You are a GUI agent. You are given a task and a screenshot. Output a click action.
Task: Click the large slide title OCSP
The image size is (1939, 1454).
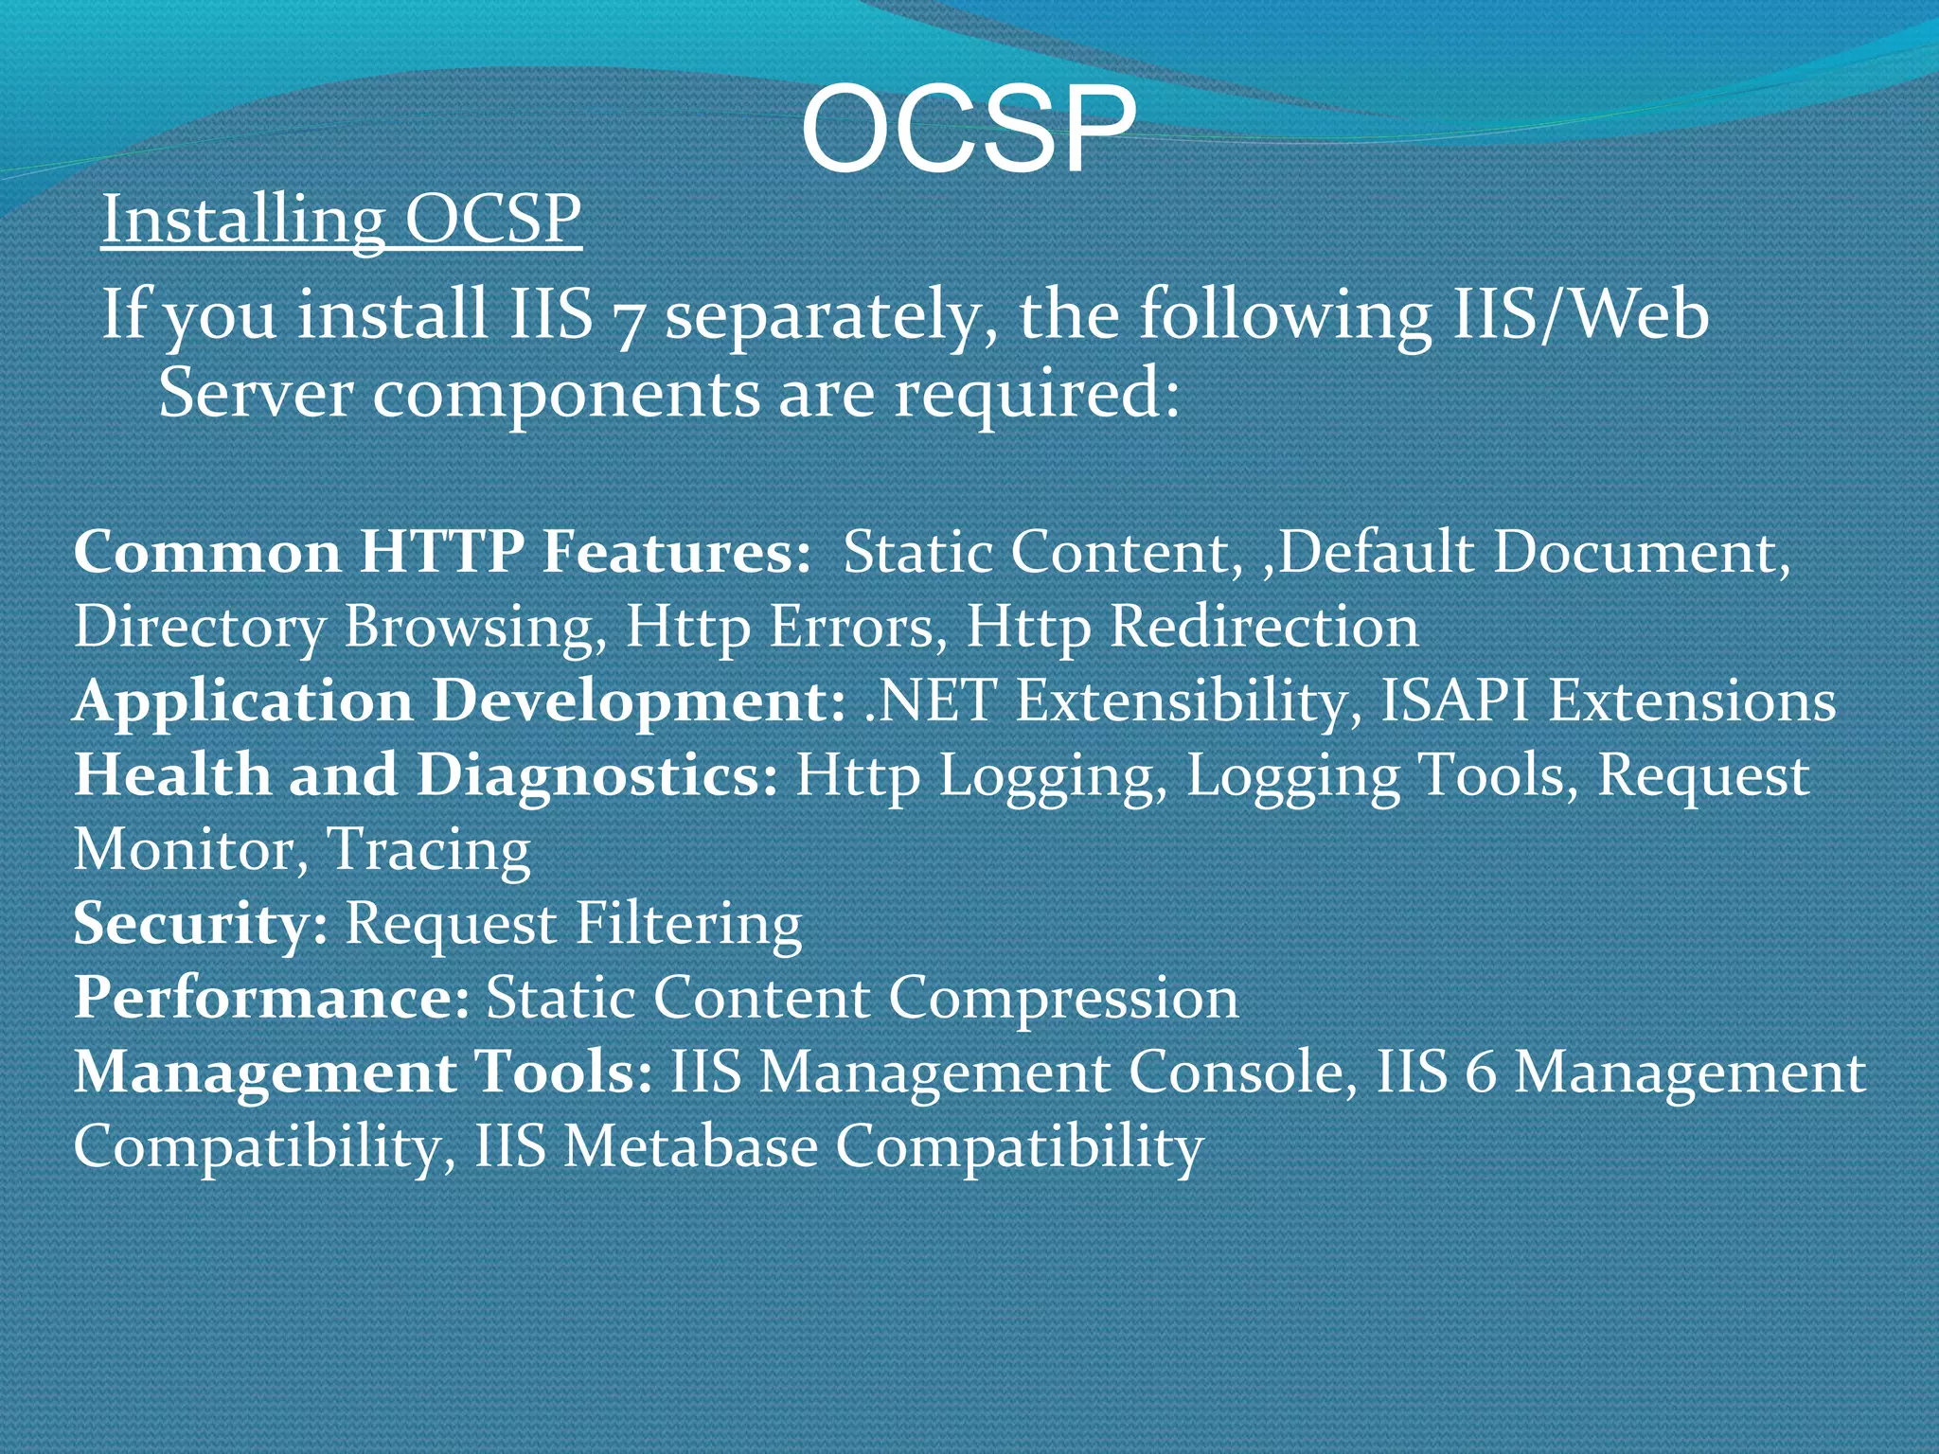968,130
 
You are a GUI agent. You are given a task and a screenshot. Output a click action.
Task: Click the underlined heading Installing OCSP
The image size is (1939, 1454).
341,220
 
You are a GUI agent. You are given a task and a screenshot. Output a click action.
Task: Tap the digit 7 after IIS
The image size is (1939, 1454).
626,318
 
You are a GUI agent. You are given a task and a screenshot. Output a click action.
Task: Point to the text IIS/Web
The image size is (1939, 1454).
1580,314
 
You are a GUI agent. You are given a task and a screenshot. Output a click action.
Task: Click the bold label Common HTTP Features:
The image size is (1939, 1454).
442,552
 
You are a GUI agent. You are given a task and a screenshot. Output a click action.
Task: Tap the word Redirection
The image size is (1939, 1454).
1264,627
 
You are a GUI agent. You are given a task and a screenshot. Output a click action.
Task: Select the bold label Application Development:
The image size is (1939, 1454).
459,701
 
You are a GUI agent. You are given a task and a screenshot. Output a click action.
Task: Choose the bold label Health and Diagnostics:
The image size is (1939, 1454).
426,775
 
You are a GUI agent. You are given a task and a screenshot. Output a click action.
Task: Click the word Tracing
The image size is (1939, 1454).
428,850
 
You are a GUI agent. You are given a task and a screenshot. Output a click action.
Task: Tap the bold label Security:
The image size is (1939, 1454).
201,923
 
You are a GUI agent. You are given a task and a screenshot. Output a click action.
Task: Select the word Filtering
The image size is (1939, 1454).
688,923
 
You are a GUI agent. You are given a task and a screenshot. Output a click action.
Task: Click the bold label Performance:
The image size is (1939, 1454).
272,998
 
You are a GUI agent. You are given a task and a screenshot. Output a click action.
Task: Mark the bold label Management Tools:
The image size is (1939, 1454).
363,1073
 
